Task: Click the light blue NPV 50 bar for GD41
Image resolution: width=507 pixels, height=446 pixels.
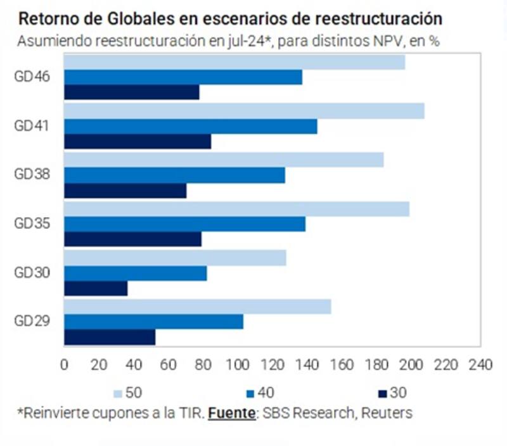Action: (244, 111)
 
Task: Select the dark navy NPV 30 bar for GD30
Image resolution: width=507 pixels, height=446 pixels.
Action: (96, 288)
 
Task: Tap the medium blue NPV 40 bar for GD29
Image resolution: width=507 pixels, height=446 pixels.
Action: (153, 321)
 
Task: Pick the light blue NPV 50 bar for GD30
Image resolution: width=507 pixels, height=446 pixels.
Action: (175, 257)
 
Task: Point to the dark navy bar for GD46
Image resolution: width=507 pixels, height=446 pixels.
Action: (132, 92)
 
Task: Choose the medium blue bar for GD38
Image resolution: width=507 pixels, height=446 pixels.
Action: (174, 175)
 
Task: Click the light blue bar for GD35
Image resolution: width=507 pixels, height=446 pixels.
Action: (236, 209)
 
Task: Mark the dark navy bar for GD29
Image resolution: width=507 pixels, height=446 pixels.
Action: (110, 337)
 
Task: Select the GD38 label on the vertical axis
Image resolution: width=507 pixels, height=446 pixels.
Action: (32, 175)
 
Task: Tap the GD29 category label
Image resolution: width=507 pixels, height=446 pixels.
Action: (32, 320)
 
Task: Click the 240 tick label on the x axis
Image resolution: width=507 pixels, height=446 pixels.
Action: (479, 365)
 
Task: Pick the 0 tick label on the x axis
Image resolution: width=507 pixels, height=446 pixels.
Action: (64, 365)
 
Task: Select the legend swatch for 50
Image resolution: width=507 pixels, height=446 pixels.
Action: (117, 393)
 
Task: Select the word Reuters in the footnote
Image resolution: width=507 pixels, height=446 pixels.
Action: (388, 413)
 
